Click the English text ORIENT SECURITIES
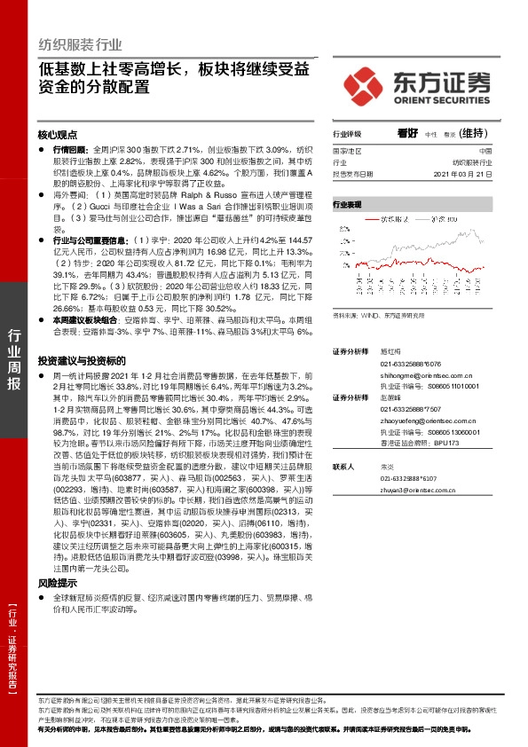coord(442,99)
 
